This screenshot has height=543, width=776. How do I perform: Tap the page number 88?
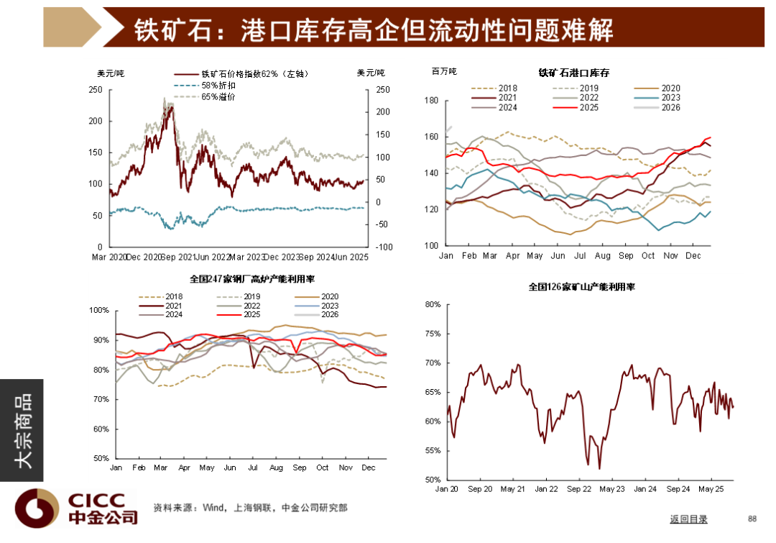[752, 519]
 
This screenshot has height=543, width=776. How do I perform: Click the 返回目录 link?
[688, 519]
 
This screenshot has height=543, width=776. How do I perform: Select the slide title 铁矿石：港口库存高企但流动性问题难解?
[374, 29]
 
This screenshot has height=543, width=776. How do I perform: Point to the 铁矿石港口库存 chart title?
[574, 73]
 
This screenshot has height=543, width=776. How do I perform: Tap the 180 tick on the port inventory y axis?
[431, 101]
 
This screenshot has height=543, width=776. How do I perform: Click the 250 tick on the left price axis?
[95, 90]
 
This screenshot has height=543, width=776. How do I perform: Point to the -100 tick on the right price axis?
[384, 247]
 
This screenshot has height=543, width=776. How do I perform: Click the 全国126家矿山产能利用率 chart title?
[581, 287]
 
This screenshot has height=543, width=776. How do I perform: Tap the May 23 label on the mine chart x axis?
[611, 490]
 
